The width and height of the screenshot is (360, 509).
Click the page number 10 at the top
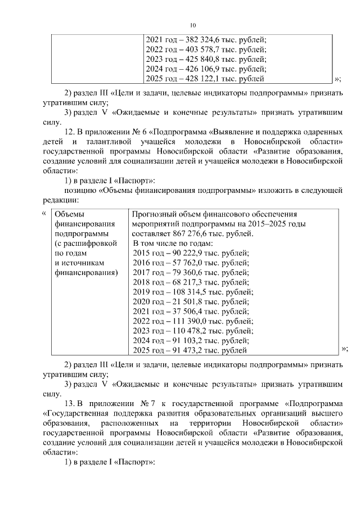click(192, 25)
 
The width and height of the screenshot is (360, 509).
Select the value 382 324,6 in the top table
click(197, 40)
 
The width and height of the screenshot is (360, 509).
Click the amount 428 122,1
click(197, 79)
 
